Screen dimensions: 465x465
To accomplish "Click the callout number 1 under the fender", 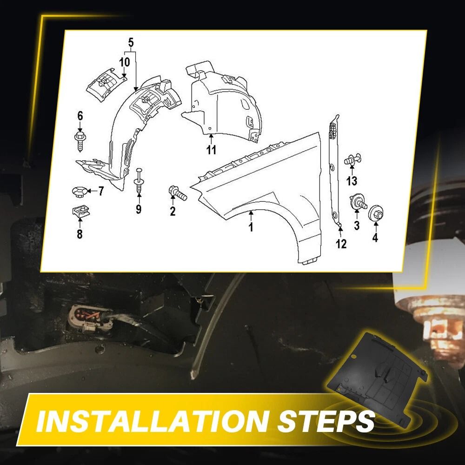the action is pyautogui.click(x=251, y=227).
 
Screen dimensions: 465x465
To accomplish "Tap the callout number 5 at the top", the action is pyautogui.click(x=131, y=43).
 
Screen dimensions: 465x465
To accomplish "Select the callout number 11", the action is pyautogui.click(x=211, y=150).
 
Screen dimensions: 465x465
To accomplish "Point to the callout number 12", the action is pyautogui.click(x=341, y=244).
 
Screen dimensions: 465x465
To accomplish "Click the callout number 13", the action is pyautogui.click(x=352, y=180).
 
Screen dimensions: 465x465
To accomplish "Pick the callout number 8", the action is pyautogui.click(x=80, y=234).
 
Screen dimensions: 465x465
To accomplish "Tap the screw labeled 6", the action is pyautogui.click(x=80, y=141).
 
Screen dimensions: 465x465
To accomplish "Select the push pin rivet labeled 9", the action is pyautogui.click(x=139, y=181).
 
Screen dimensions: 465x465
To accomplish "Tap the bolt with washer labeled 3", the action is pyautogui.click(x=359, y=202).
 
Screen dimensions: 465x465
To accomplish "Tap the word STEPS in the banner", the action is pyautogui.click(x=326, y=421).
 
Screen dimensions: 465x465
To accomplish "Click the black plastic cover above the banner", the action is pyautogui.click(x=377, y=376).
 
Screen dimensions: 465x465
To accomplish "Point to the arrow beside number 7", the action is pyautogui.click(x=92, y=191).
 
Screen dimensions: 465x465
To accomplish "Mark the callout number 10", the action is pyautogui.click(x=125, y=62).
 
